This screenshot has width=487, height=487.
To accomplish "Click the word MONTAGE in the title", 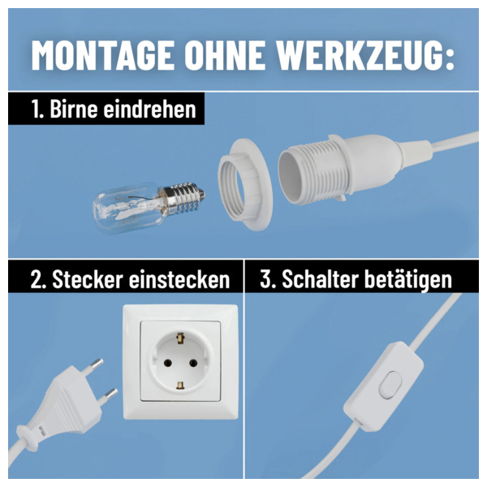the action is tap(103, 55).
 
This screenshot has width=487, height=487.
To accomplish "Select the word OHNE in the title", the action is tap(225, 55).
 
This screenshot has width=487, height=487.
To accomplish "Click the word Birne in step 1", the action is tap(74, 109).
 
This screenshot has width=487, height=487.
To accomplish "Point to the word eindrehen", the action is tap(149, 109).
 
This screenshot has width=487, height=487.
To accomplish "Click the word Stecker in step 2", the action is tap(88, 279).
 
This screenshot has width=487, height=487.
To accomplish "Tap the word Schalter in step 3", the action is tap(321, 279).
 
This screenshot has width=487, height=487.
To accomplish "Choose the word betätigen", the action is tap(408, 279).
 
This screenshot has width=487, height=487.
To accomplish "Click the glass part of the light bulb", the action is tap(128, 207).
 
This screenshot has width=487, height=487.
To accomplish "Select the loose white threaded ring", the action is tap(244, 184).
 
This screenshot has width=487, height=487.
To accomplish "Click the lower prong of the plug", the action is tap(110, 394).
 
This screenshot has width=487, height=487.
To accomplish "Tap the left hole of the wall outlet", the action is tap(168, 363).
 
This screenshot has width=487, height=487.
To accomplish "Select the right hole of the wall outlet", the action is tap(193, 363).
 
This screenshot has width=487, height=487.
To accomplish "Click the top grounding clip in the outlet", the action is tap(180, 338).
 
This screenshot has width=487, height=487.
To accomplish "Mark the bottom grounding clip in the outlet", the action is tap(180, 385).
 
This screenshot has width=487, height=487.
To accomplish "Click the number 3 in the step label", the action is tap(265, 279).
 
